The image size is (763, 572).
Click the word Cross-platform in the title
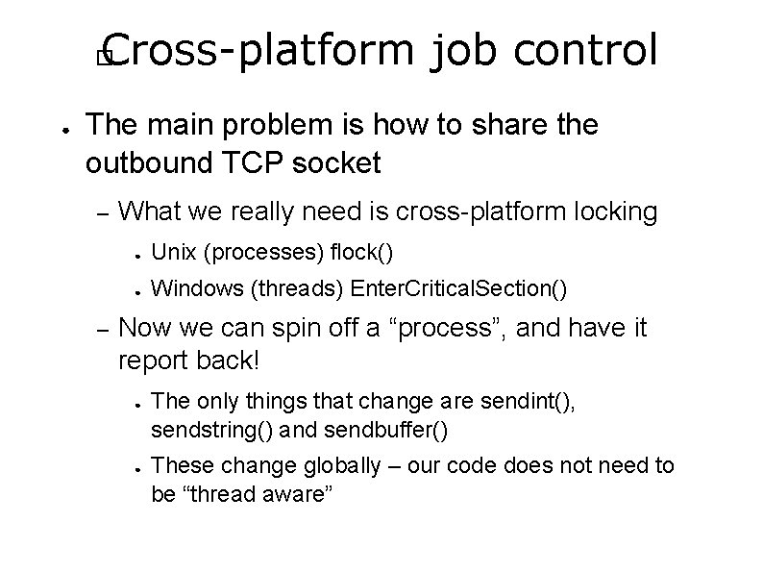[255, 50]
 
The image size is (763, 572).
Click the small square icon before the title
[106, 59]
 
